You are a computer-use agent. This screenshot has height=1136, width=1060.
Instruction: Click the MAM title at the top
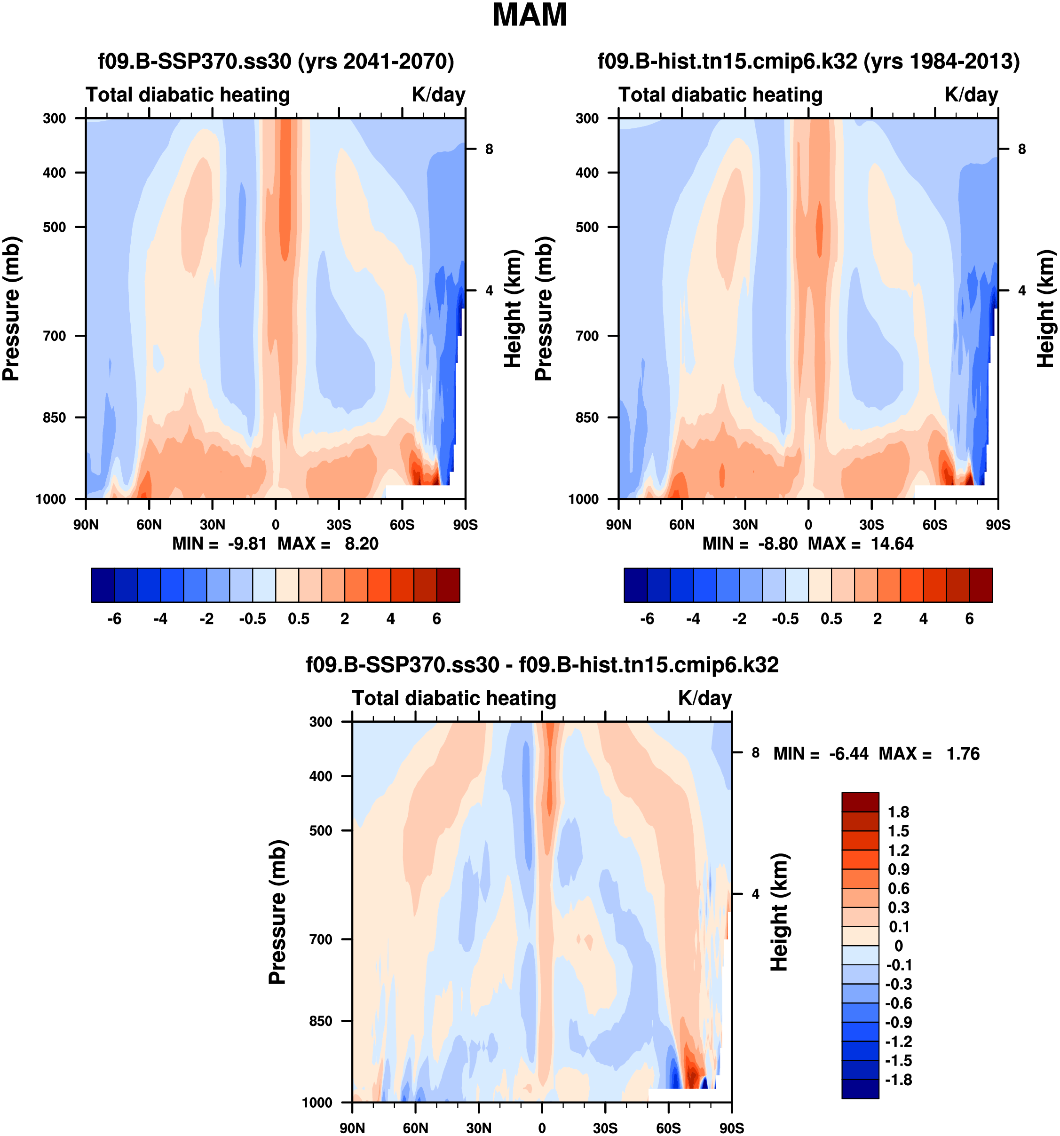point(529,16)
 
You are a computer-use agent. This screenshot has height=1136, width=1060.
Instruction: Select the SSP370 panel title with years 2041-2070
point(276,61)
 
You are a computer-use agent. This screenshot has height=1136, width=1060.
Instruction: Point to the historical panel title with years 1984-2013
point(808,61)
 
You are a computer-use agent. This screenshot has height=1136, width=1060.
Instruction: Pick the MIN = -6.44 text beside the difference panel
point(821,754)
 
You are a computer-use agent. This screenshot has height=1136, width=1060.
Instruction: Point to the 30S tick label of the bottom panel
point(605,1128)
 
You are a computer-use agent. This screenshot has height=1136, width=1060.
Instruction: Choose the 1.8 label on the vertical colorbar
point(898,812)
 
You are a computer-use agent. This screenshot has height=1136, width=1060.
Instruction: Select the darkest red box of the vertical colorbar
point(860,802)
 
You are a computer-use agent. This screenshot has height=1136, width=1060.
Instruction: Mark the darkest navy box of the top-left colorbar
point(103,584)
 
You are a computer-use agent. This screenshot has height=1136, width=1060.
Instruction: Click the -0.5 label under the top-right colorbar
point(785,619)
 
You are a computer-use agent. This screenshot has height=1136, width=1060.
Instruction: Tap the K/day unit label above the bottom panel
point(704,698)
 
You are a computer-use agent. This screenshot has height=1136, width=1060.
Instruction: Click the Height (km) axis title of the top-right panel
point(1045,308)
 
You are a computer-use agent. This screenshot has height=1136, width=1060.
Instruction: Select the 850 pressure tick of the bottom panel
point(321,1021)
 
